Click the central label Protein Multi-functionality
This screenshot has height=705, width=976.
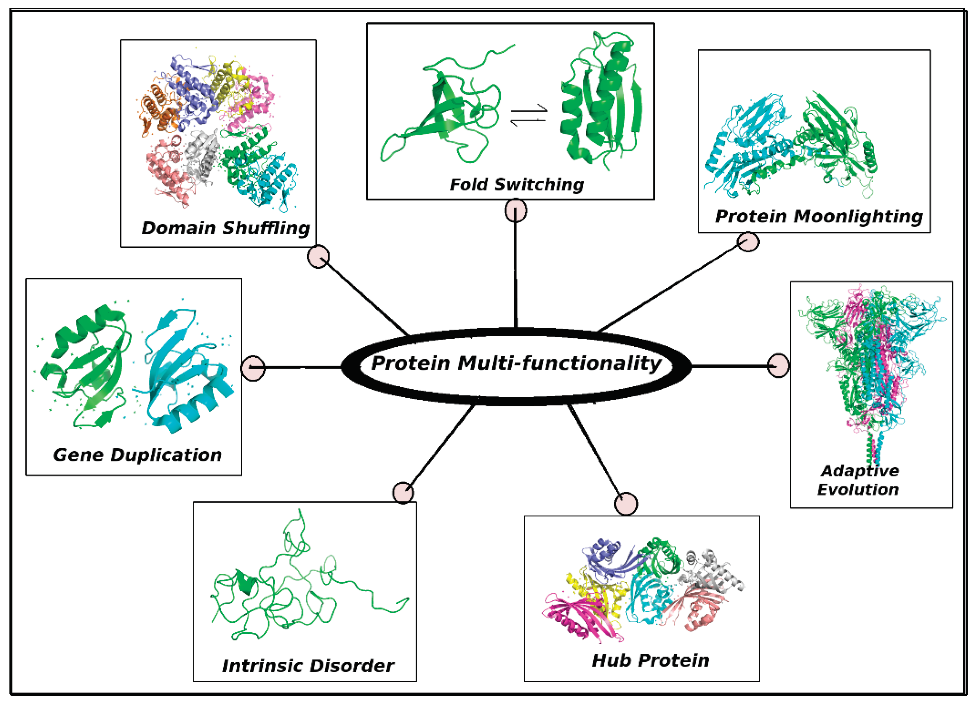click(x=516, y=364)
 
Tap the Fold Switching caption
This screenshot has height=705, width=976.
click(x=516, y=185)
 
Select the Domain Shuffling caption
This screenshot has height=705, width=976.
click(x=226, y=228)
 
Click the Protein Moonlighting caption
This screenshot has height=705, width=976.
click(x=819, y=217)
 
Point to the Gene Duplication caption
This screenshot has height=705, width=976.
click(x=137, y=455)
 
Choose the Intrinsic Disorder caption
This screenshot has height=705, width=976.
click(x=308, y=666)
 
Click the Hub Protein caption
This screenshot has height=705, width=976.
click(x=650, y=660)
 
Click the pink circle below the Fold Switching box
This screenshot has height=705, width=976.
click(x=515, y=211)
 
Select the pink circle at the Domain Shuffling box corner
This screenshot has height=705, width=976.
click(x=318, y=256)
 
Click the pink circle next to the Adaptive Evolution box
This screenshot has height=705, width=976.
click(x=778, y=366)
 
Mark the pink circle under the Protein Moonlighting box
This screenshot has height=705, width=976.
click(x=748, y=242)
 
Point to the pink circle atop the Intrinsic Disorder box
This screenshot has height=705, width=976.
click(x=403, y=492)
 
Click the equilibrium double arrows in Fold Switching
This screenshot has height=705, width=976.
click(x=528, y=115)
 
